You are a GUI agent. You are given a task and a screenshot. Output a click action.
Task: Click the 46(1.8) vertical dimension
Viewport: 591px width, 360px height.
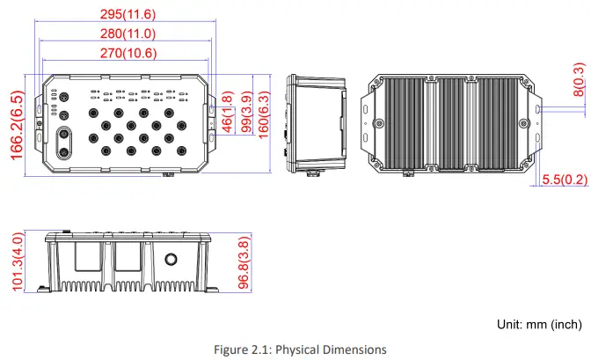226,112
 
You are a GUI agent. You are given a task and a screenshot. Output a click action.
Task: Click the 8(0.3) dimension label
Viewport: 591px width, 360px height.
578,78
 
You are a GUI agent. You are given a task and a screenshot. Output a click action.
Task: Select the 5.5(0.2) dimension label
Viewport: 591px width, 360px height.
564,180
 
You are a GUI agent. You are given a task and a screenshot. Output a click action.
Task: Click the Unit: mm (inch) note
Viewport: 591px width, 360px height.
538,324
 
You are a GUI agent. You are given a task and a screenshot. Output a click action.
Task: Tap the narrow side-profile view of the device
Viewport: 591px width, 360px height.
317,123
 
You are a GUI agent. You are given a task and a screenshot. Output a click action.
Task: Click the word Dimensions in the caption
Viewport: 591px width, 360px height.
354,349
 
